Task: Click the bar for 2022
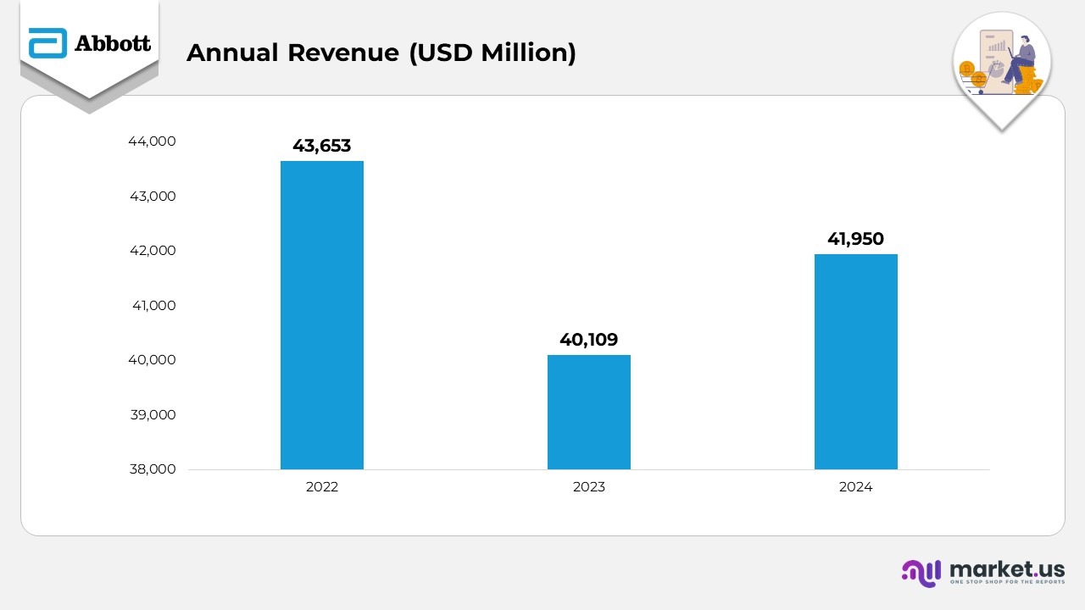click(322, 315)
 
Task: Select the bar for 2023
click(588, 412)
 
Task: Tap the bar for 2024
click(855, 362)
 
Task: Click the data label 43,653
click(322, 146)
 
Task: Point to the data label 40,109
click(588, 340)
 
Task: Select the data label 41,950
click(855, 240)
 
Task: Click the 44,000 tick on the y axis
click(152, 141)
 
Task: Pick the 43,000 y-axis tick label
click(152, 197)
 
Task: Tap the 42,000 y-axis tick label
click(152, 251)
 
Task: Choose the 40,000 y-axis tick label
click(152, 360)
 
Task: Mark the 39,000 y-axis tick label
click(152, 415)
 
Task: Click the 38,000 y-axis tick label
click(152, 469)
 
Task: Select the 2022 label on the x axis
click(322, 487)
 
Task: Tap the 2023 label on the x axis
click(588, 487)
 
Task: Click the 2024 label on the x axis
click(855, 487)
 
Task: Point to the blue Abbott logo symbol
click(47, 43)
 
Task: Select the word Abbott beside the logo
click(113, 43)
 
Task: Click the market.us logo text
click(1007, 568)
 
